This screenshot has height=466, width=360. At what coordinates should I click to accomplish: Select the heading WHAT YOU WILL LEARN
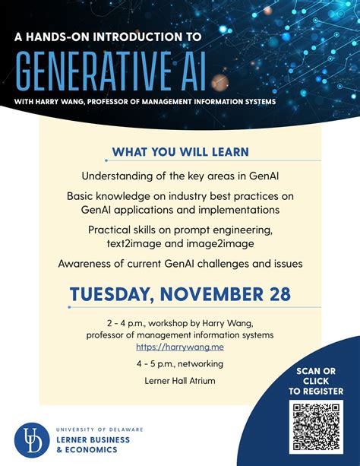click(179, 151)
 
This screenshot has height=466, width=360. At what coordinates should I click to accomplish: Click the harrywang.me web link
click(180, 347)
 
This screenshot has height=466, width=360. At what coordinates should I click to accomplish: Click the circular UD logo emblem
click(30, 439)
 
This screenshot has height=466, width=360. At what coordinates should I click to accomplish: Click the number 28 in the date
click(276, 294)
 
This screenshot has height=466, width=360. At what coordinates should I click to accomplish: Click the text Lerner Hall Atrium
click(180, 380)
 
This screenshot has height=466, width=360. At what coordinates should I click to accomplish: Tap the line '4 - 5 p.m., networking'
click(180, 363)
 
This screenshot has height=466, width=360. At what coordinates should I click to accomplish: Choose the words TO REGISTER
click(315, 392)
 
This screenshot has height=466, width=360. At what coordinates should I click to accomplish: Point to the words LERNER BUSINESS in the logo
click(93, 439)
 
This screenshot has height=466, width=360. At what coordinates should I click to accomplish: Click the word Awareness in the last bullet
click(84, 264)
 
